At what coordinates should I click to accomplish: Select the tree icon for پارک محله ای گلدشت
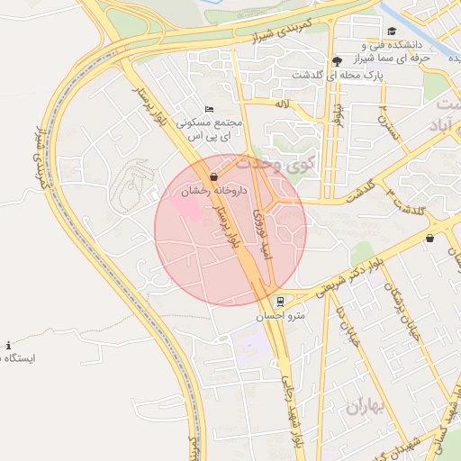(337, 61)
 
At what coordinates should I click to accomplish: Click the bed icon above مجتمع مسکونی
(210, 109)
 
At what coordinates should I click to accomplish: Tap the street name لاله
(282, 104)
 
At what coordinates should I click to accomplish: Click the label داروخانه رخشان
(212, 191)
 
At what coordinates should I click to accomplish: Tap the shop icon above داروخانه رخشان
(213, 176)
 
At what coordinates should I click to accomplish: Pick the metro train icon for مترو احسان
(281, 301)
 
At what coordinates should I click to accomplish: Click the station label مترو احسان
(288, 316)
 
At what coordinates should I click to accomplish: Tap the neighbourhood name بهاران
(366, 407)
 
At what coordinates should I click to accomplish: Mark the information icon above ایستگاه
(9, 345)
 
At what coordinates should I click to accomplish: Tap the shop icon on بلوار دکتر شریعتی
(429, 239)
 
